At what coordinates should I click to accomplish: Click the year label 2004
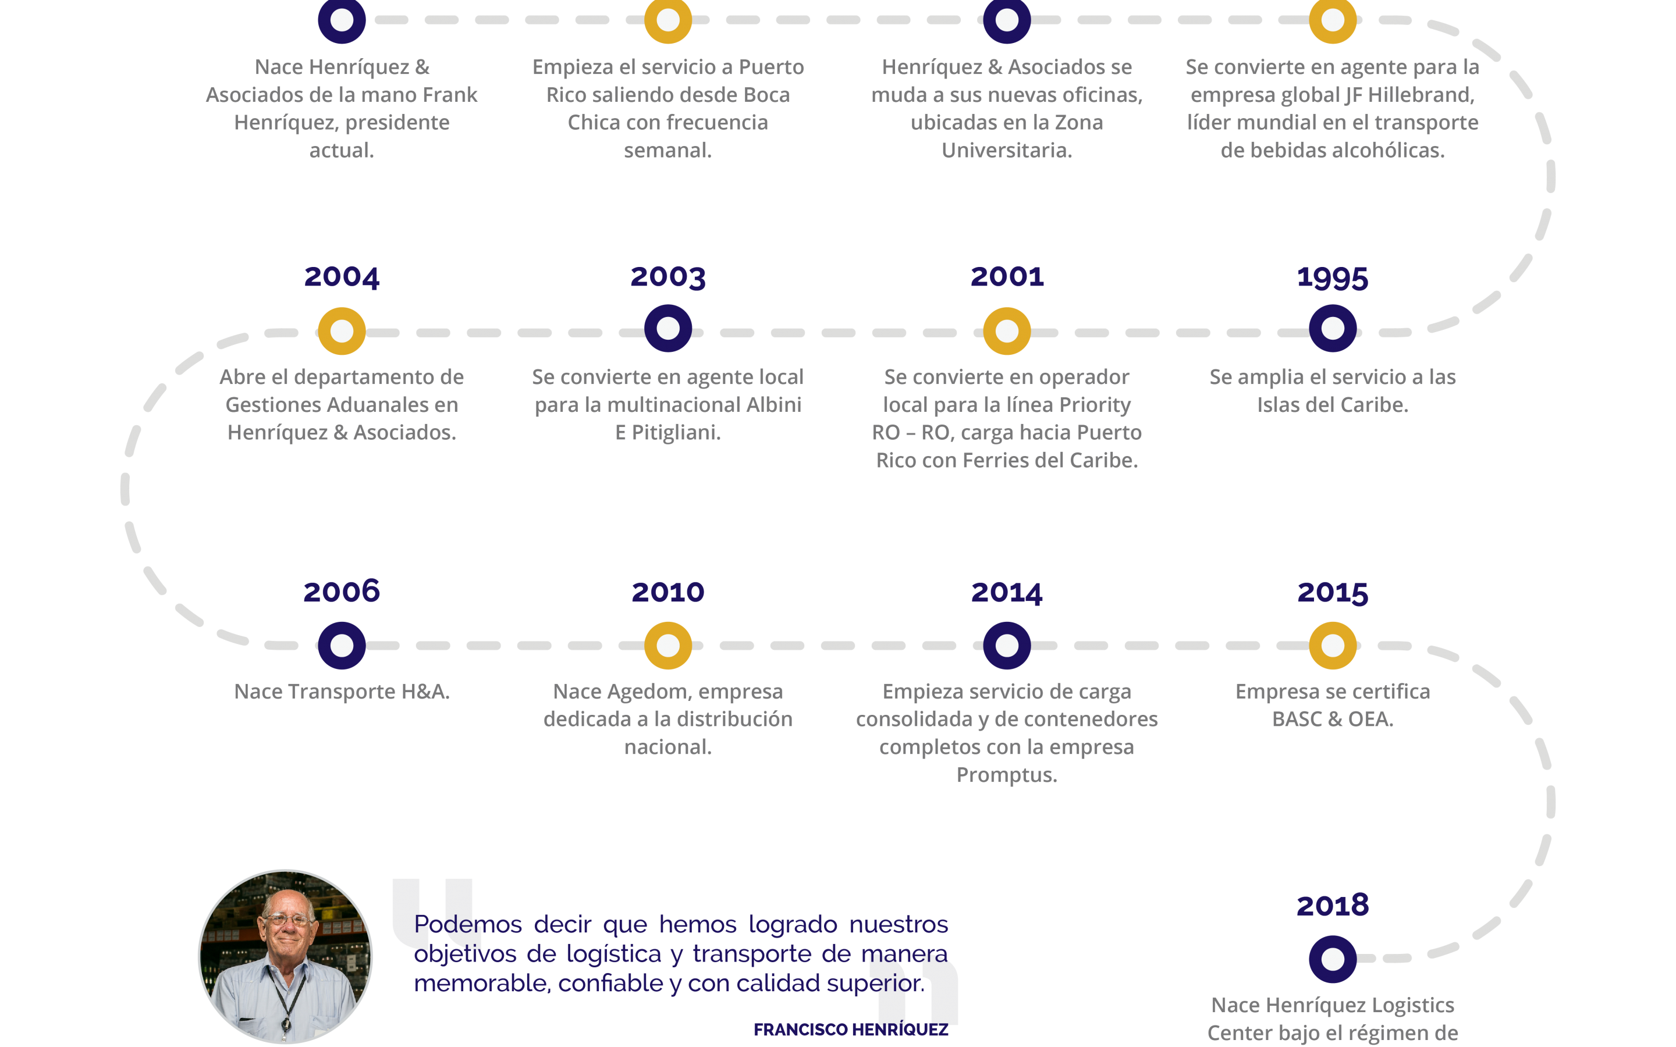[x=342, y=277]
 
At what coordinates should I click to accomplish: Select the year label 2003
[x=667, y=277]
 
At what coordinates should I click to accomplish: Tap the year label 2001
[x=1007, y=276]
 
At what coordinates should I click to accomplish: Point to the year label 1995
[x=1333, y=277]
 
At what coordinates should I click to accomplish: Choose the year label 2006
[x=342, y=592]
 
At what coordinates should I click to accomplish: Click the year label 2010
[x=667, y=592]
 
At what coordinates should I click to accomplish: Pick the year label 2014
[x=1007, y=593]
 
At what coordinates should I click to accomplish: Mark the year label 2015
[x=1333, y=593]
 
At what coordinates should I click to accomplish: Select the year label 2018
[x=1333, y=905]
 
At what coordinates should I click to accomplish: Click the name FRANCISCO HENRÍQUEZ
[x=850, y=1030]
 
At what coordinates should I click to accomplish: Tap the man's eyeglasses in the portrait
[x=287, y=920]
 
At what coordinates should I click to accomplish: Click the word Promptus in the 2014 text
[x=1006, y=775]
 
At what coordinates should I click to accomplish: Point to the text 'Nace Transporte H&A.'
[x=342, y=691]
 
